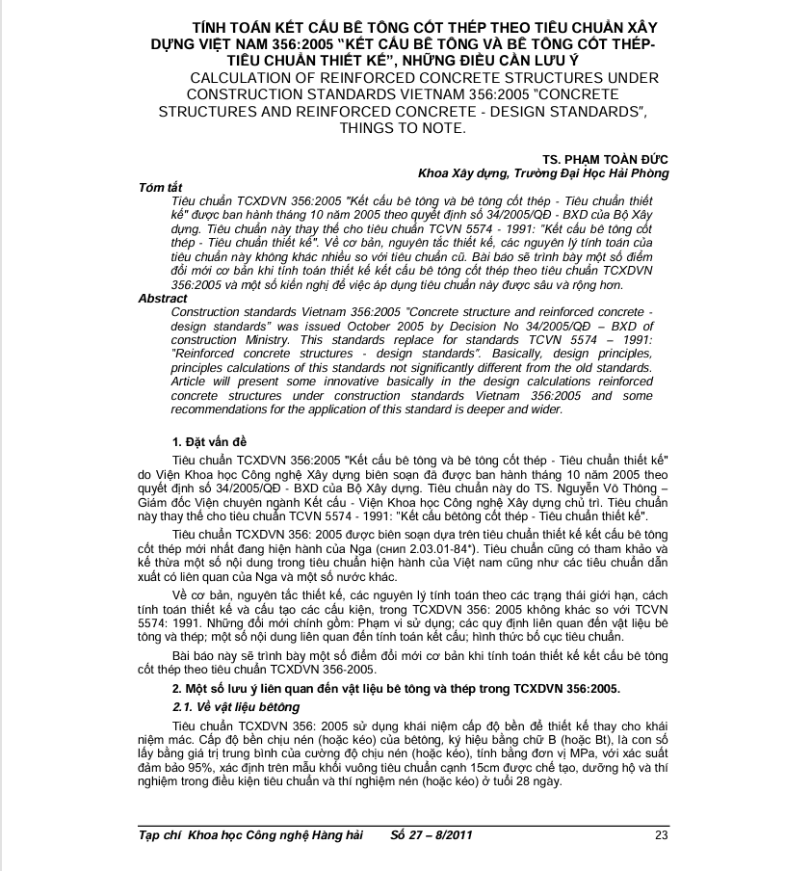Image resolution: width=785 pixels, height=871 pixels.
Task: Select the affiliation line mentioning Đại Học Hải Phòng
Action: coord(543,172)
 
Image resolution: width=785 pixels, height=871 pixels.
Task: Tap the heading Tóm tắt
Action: coord(160,187)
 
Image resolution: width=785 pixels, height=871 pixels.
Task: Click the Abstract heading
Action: coord(163,299)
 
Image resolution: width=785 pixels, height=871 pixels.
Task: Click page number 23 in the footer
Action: coord(661,834)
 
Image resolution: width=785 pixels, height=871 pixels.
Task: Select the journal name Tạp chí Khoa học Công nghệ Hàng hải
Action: coord(250,834)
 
